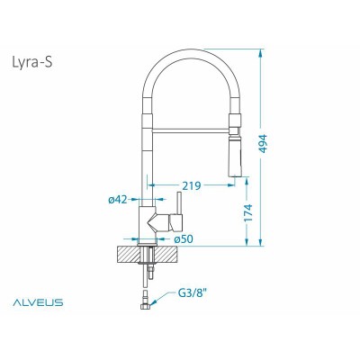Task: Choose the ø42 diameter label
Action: (117, 200)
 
